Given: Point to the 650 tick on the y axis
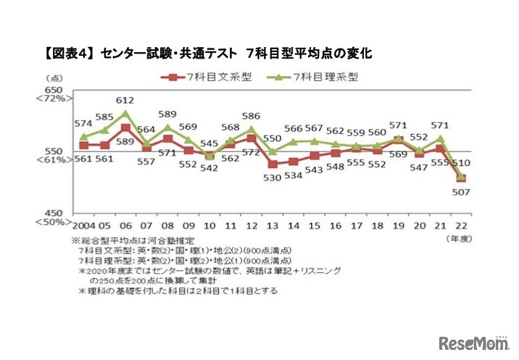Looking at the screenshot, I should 55,88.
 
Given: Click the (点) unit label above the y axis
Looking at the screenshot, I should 55,78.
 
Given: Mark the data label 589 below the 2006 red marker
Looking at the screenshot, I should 126,141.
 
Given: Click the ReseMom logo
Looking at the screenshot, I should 471,341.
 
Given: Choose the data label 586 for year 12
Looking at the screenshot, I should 252,115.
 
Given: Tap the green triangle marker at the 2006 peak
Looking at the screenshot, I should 125,113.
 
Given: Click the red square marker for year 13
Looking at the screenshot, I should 273,164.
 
